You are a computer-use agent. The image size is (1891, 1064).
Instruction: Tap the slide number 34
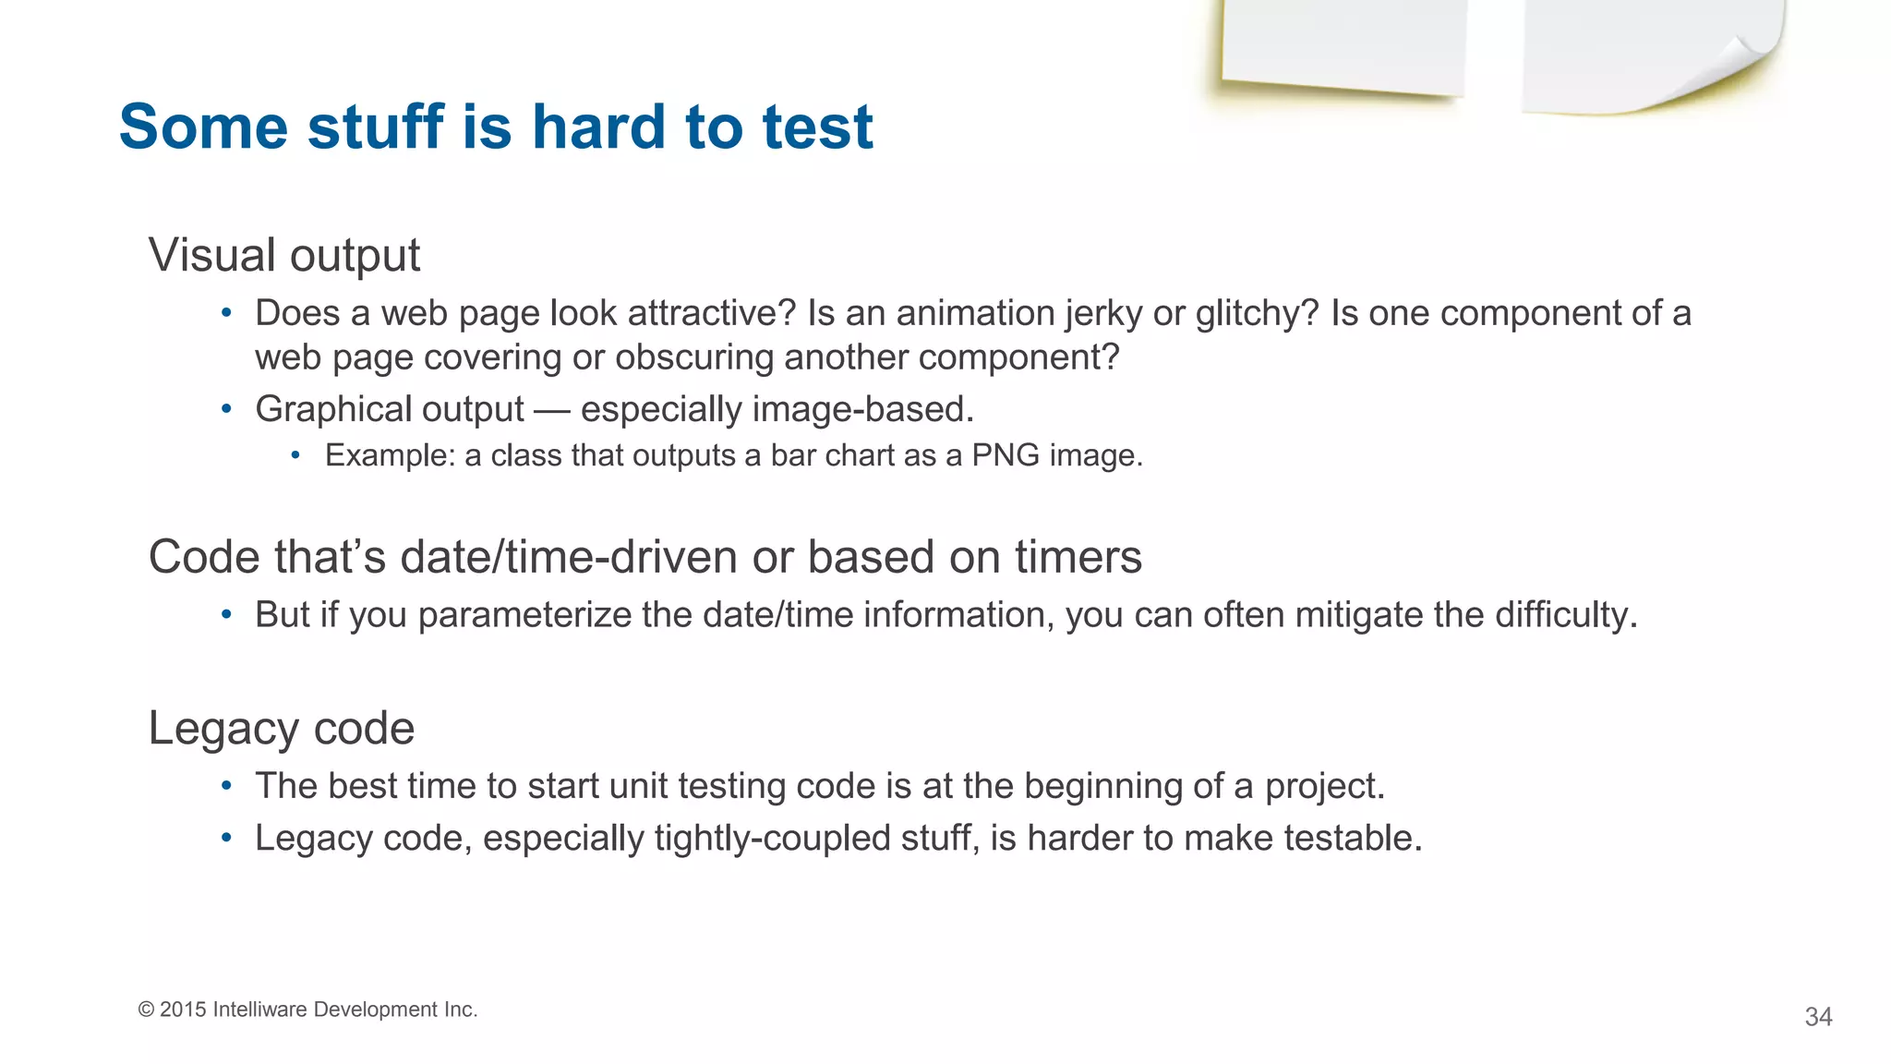1817,1017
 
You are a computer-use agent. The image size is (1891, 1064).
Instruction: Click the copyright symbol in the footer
146,1010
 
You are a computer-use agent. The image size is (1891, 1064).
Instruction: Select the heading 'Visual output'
283,255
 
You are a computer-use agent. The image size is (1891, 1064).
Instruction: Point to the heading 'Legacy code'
281,728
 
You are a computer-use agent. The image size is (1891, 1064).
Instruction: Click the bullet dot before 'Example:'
295,455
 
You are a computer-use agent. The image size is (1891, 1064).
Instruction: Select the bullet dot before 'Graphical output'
226,409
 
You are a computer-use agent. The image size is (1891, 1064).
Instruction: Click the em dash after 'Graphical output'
551,410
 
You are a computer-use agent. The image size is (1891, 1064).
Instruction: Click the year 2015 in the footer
183,1010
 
